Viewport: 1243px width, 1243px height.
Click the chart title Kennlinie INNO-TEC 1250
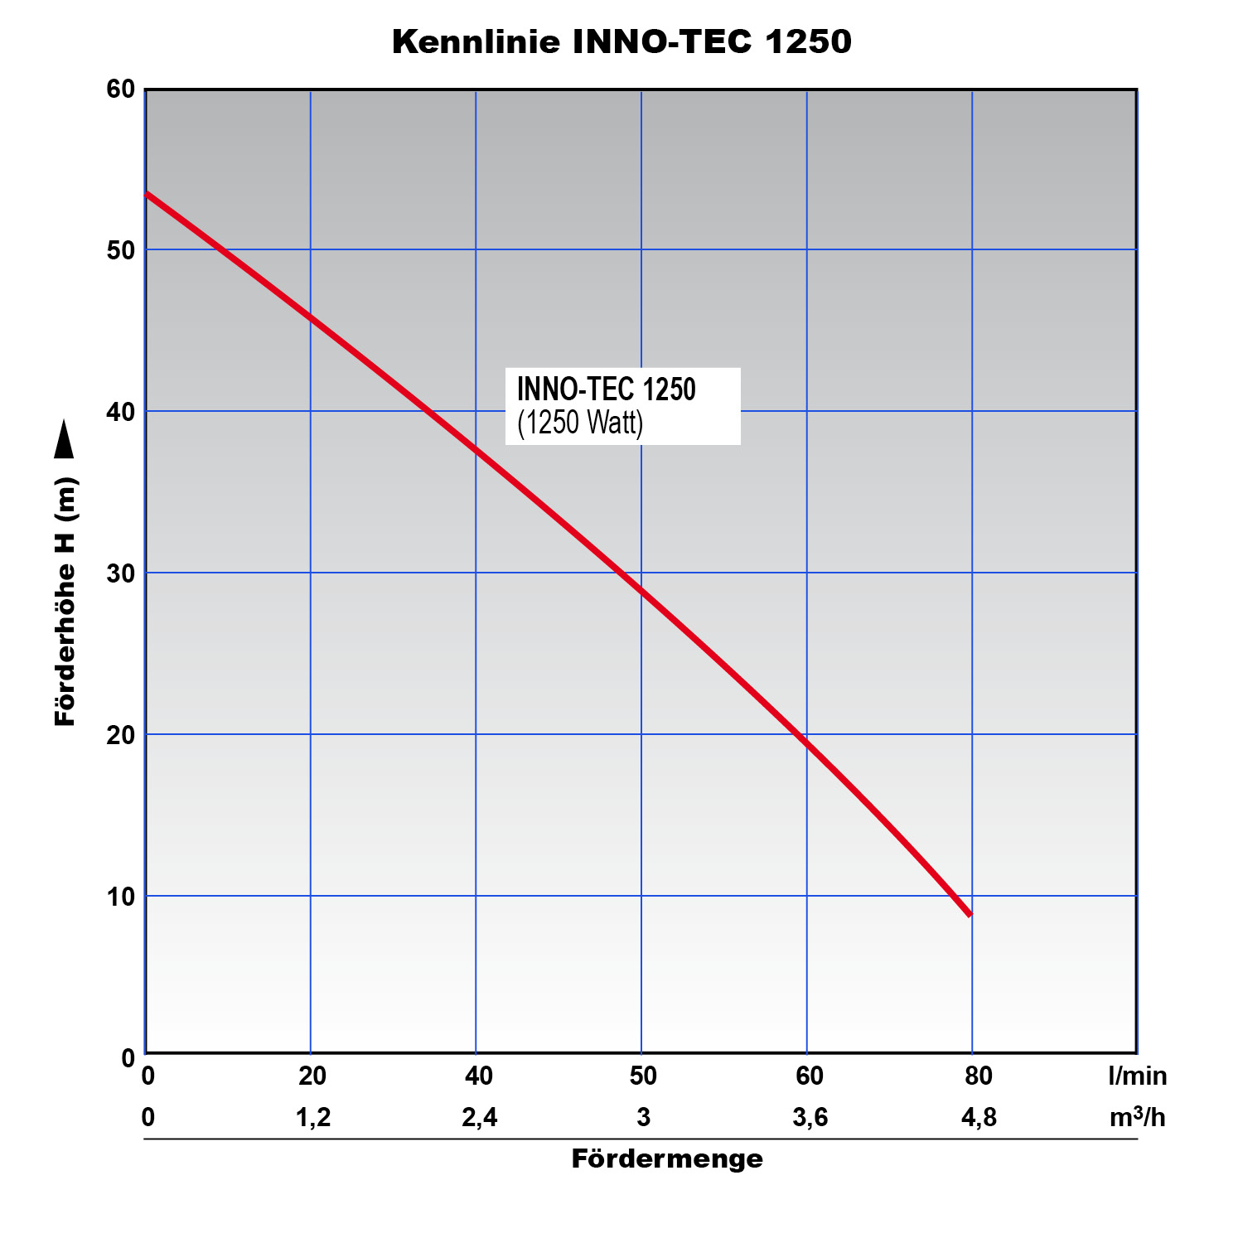coord(621,41)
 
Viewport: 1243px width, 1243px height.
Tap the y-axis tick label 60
coord(121,89)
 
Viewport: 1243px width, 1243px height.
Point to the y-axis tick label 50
coord(121,250)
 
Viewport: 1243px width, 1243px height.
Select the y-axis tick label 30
coord(121,573)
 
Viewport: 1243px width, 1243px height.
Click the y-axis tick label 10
coord(121,897)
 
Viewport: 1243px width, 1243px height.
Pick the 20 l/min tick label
coord(312,1076)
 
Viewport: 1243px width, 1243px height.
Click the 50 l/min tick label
coord(643,1076)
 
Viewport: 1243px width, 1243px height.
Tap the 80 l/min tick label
coord(979,1076)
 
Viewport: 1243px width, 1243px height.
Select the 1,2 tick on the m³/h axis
coord(313,1118)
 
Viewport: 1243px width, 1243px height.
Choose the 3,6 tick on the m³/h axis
coord(810,1118)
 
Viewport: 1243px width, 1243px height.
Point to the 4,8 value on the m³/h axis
coord(979,1118)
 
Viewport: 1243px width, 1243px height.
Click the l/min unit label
coord(1137,1076)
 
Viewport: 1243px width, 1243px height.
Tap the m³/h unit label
coord(1137,1118)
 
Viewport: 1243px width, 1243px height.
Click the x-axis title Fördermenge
coord(667,1158)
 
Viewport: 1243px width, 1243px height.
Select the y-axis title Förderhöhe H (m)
coord(65,602)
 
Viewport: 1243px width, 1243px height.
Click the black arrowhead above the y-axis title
coord(64,439)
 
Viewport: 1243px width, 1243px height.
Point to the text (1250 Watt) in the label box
coord(580,423)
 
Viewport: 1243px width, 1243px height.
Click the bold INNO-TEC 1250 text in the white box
coord(607,389)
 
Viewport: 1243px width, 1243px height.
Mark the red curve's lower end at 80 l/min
coord(969,914)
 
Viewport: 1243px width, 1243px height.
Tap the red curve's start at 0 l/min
coord(148,194)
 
